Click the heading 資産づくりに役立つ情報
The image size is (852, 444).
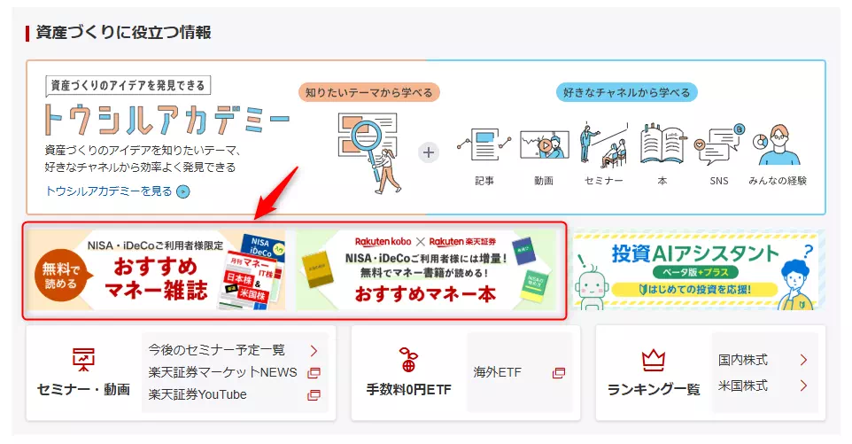123,33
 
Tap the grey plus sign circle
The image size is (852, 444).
429,152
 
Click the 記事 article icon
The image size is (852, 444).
484,145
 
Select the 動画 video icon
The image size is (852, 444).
543,145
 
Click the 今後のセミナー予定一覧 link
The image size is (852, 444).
217,350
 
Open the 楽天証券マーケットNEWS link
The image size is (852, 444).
222,372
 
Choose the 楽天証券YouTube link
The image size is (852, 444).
198,394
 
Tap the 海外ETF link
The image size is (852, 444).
498,372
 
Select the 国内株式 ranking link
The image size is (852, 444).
743,360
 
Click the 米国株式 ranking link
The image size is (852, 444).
743,386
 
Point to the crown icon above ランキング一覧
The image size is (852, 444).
654,360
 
